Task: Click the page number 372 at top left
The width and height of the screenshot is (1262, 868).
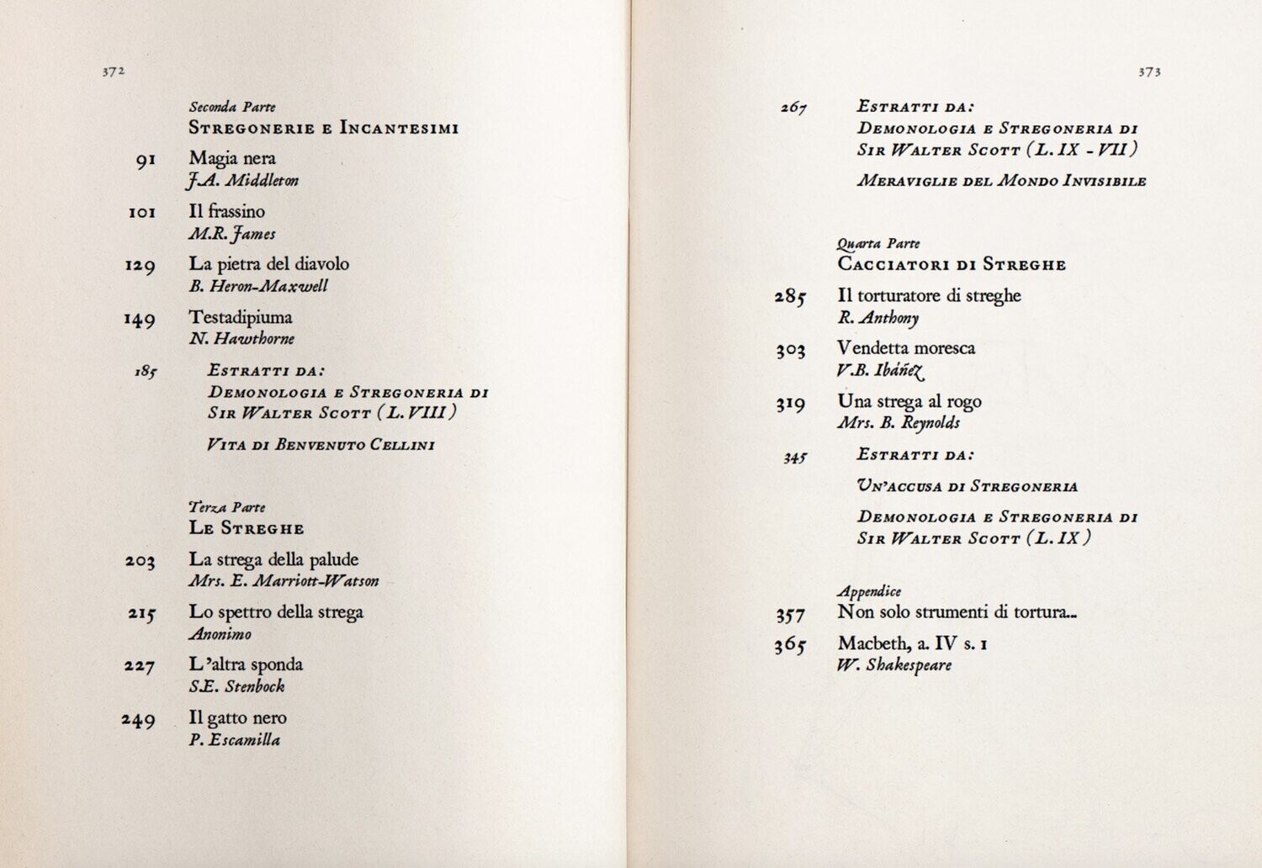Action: click(x=114, y=72)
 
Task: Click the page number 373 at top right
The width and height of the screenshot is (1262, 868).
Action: click(x=1149, y=72)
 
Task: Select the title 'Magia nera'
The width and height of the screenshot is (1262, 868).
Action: click(x=232, y=158)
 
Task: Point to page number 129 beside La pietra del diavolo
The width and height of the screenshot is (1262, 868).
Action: click(x=141, y=266)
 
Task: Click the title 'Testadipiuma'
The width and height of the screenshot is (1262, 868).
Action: click(x=241, y=317)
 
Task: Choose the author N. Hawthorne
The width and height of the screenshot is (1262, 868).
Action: click(x=241, y=339)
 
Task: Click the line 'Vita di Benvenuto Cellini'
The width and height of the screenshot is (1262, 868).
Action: click(x=321, y=445)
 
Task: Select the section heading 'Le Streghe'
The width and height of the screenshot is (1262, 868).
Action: click(x=247, y=529)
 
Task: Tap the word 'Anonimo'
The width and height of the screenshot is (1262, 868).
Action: click(x=220, y=634)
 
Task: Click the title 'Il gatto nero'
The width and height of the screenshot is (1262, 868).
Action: click(x=238, y=718)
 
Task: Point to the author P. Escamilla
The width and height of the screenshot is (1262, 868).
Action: click(x=235, y=740)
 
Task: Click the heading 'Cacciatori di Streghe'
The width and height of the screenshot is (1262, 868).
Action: click(x=952, y=265)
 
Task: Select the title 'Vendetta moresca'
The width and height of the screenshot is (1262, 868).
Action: click(x=906, y=348)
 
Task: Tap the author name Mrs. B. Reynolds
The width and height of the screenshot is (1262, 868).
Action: click(x=899, y=423)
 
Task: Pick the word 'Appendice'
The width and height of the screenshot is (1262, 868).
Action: click(x=869, y=591)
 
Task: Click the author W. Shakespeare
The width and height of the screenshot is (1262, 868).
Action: click(x=894, y=665)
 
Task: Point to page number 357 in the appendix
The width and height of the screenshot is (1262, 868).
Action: click(x=791, y=615)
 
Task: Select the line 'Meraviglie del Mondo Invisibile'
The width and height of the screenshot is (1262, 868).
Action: click(x=1002, y=181)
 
